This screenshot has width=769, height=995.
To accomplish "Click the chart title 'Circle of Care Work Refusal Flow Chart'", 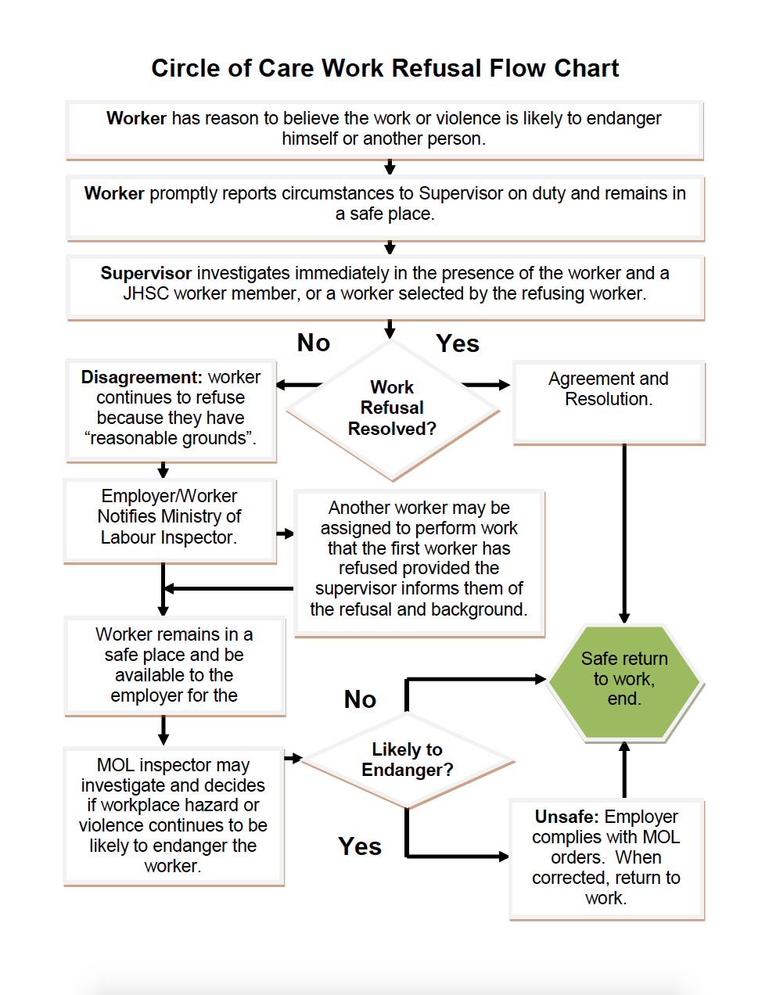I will [x=385, y=69].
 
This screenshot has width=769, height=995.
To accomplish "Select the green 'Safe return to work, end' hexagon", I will [x=624, y=679].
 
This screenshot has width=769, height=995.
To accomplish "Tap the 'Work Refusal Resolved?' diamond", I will [x=392, y=408].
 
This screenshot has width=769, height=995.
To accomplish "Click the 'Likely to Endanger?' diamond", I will [x=407, y=760].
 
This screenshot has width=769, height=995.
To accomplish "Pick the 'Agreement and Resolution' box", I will [x=609, y=401].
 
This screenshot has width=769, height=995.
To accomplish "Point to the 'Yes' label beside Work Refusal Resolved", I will [x=458, y=344].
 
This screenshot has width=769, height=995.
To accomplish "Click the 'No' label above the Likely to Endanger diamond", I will [x=360, y=699].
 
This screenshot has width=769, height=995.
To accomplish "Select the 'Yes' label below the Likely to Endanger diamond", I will [x=360, y=846].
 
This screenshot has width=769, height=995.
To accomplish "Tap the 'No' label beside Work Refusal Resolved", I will [x=314, y=343].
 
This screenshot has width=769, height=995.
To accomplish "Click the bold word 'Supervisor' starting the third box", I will [x=146, y=274].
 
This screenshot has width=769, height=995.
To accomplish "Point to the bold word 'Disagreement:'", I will [x=142, y=378].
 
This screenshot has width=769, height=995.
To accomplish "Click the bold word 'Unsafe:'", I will [x=567, y=817].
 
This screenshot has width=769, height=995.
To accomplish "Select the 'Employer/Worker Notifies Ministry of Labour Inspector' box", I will [x=170, y=519].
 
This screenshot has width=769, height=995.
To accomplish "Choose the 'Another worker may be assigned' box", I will [x=419, y=559].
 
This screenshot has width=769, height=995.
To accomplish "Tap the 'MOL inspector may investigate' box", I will [x=173, y=816].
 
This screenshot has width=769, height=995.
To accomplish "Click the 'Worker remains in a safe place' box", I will [x=174, y=666].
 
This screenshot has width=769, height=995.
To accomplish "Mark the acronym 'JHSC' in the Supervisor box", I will [x=146, y=294].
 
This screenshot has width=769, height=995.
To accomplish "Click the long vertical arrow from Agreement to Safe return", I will [x=624, y=532].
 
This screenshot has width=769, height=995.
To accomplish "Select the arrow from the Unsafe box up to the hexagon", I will [x=624, y=770].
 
